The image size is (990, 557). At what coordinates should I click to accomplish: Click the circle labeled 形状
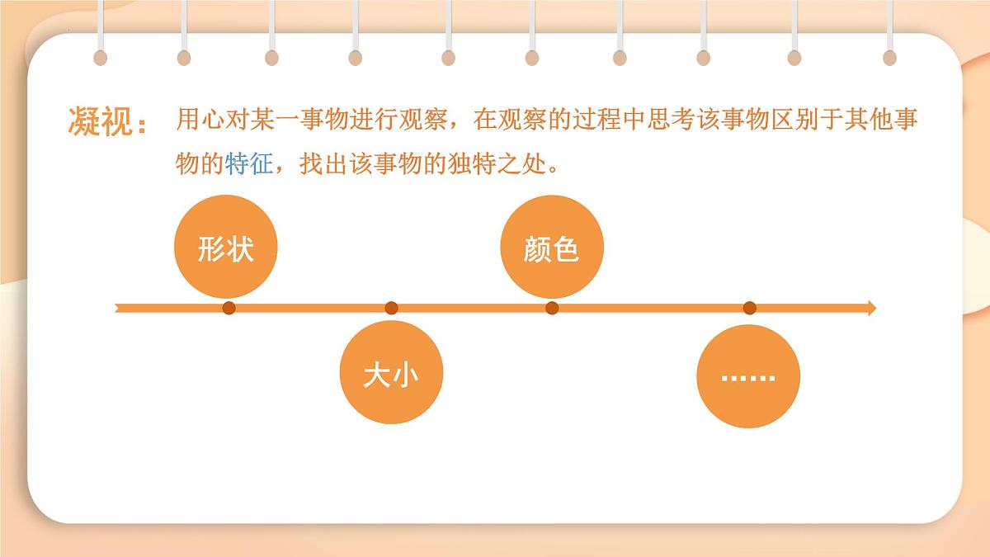coord(225,248)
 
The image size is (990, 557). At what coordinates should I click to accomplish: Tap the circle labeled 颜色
coord(552,248)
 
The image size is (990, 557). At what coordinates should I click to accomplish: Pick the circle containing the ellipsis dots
coord(748,376)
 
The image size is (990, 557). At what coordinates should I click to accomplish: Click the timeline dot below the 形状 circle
coord(229,309)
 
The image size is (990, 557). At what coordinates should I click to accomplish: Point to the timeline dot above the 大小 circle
coord(391,309)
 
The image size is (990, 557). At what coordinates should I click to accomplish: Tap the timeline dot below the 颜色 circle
coord(552,309)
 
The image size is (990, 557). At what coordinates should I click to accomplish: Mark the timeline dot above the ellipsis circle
coord(749,309)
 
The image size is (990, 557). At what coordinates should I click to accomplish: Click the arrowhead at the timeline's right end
coord(870,309)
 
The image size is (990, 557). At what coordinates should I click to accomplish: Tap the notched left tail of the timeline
coord(120,309)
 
